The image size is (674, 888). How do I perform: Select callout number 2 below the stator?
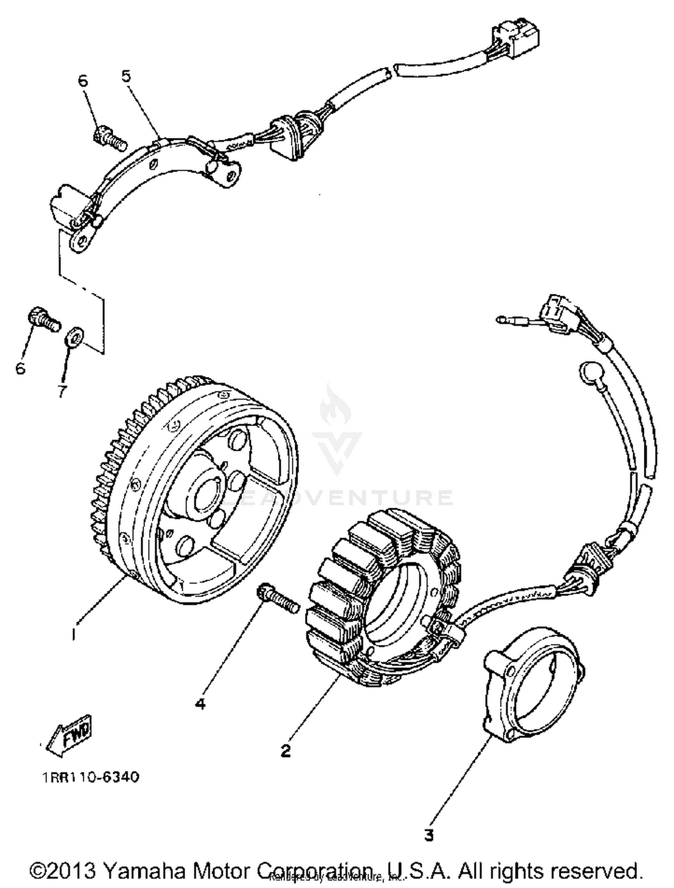(286, 750)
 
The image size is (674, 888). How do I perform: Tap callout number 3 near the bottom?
(429, 835)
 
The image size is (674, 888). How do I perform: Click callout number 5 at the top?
(126, 76)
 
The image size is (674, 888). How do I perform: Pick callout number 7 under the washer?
(62, 391)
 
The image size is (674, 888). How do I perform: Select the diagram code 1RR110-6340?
(91, 777)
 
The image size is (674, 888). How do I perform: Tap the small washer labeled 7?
(75, 336)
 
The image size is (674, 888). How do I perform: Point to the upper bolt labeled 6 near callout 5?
(109, 137)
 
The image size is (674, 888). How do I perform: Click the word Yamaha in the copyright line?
(145, 870)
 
